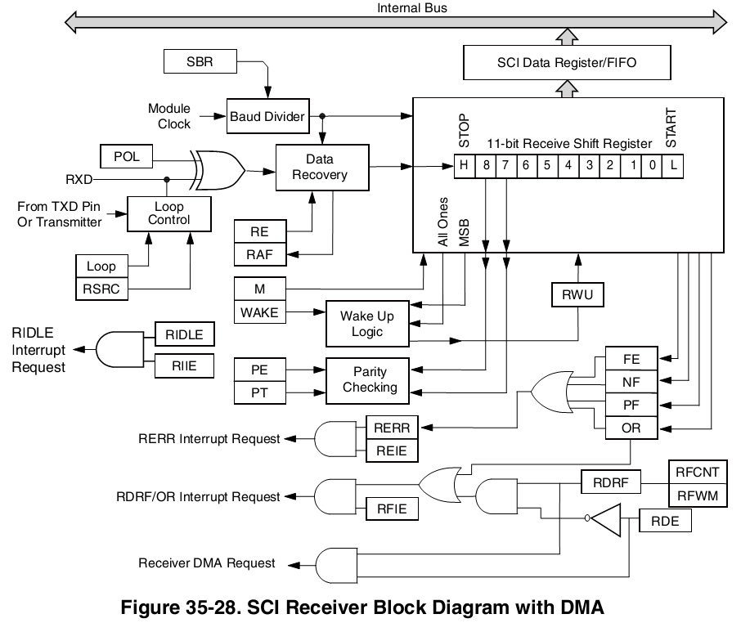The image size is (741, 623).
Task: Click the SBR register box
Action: [x=200, y=61]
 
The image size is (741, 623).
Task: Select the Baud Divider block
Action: [x=267, y=116]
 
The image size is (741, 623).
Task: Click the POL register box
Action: [x=126, y=155]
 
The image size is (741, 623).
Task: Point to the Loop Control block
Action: [x=169, y=213]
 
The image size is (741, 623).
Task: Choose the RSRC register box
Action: [x=102, y=289]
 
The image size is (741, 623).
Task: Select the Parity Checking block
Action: [x=370, y=379]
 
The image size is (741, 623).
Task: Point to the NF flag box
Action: [x=631, y=381]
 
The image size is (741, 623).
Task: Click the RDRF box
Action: [x=611, y=483]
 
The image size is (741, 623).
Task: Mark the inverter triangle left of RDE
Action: [x=605, y=520]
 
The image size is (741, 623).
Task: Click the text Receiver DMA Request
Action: [x=206, y=563]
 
